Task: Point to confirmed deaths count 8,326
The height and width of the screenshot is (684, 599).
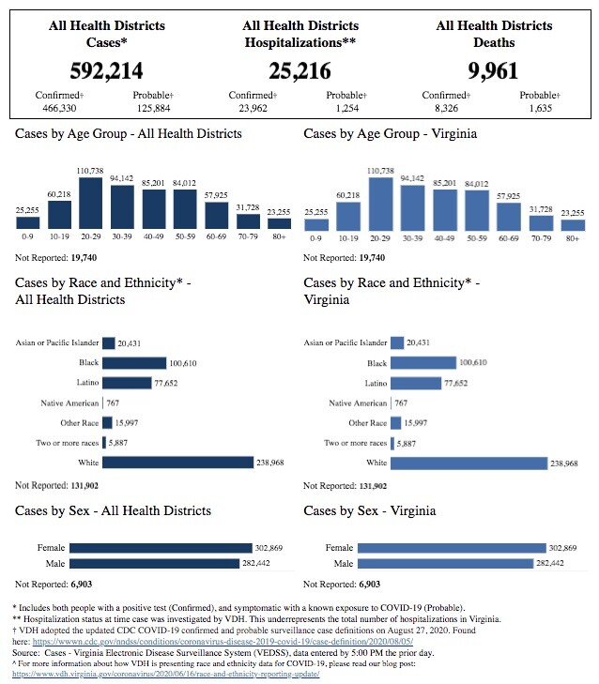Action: tap(445, 109)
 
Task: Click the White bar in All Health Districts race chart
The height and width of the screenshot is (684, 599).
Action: tap(178, 463)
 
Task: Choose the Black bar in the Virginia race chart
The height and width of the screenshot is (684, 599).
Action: tap(423, 363)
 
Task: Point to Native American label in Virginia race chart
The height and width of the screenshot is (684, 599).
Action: tap(358, 403)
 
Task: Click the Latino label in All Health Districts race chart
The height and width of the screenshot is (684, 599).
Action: tap(87, 383)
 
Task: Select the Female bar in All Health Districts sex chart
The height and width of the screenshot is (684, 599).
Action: tap(161, 547)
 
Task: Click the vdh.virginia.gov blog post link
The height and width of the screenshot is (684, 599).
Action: tap(166, 675)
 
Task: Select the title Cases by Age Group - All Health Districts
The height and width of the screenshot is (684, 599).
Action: tap(128, 134)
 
